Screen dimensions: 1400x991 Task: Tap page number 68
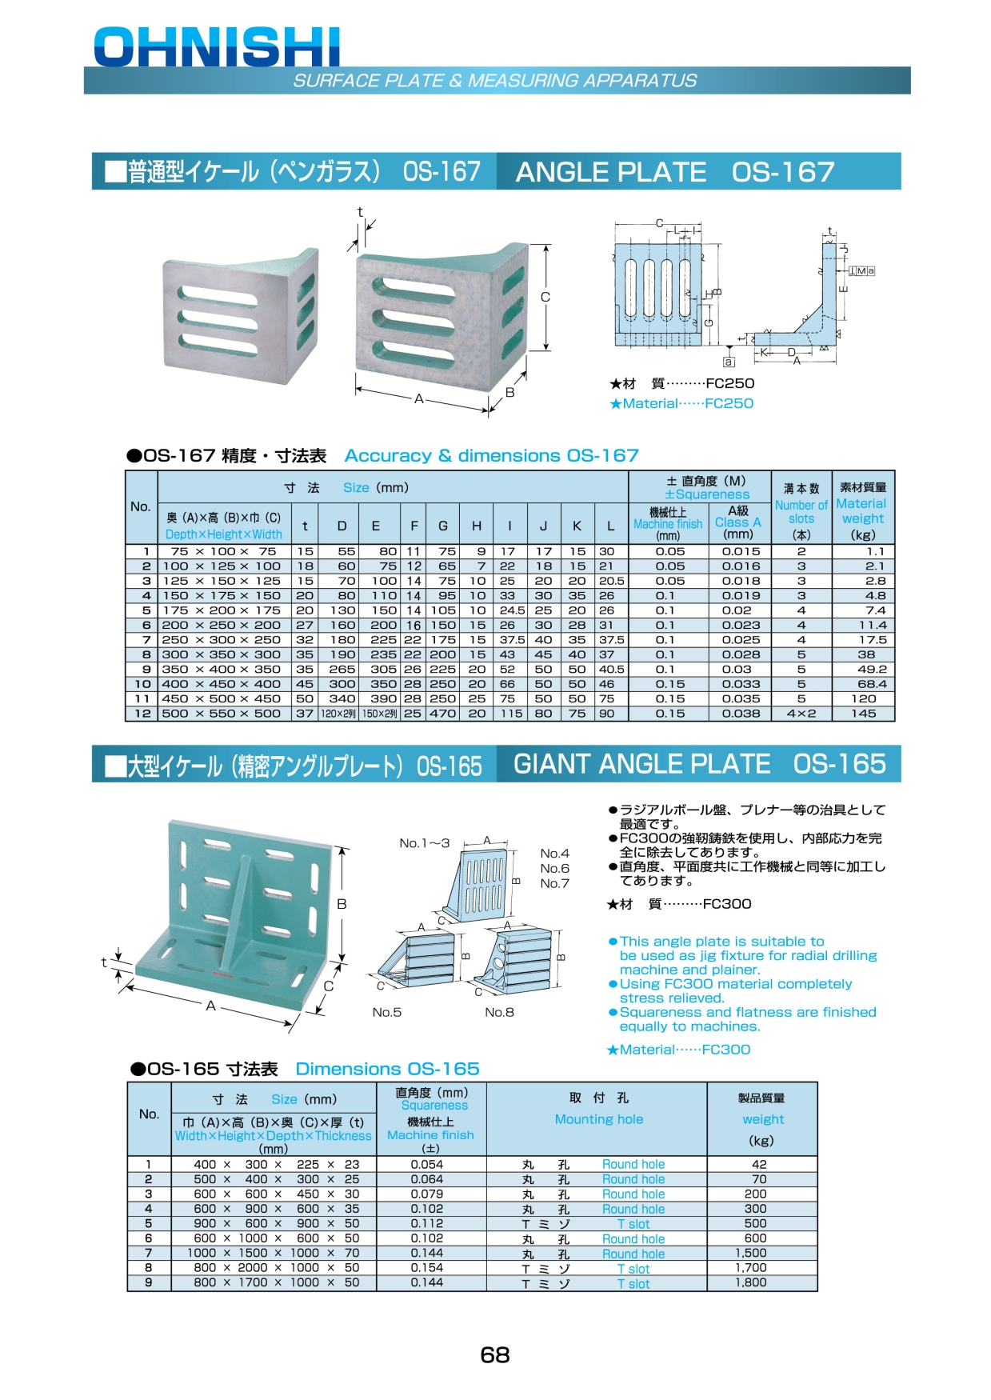tap(495, 1354)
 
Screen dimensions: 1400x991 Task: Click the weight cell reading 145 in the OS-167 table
tap(863, 713)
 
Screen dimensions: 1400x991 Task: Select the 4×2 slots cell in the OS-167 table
tap(801, 713)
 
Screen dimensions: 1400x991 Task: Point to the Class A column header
tap(738, 522)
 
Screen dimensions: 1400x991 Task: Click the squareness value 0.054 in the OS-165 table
tap(427, 1164)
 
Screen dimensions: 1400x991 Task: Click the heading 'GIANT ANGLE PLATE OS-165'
tap(699, 764)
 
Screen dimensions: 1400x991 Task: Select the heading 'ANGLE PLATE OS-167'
tap(675, 172)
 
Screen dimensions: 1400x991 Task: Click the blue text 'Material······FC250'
tap(681, 403)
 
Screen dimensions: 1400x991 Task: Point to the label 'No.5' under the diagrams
tap(387, 1012)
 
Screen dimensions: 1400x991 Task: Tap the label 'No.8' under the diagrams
tap(499, 1012)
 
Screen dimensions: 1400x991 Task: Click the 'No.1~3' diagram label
tap(425, 842)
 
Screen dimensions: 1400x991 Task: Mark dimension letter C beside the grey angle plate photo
tap(545, 297)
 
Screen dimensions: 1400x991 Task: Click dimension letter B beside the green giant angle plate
tap(342, 904)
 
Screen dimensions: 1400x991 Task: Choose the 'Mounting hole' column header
tap(598, 1119)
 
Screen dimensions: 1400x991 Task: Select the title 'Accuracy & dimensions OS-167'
tap(492, 455)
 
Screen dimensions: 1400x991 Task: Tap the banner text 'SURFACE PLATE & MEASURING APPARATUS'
tap(495, 80)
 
